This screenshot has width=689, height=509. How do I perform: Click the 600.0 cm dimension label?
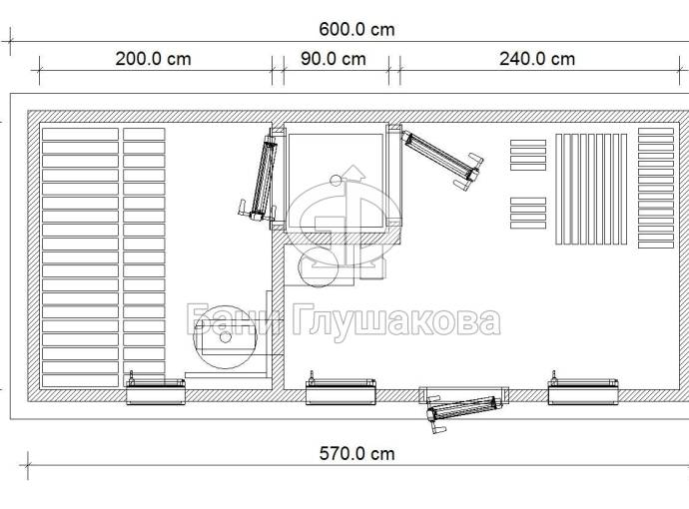356,29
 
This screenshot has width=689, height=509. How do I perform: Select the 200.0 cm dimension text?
154,59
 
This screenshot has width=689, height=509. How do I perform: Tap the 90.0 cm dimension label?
334,59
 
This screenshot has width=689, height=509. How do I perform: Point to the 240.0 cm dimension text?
537,59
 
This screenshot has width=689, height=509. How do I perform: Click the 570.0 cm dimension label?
356,454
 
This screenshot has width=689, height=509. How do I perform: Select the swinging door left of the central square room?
261,177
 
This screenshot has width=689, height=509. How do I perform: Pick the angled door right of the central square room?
440,158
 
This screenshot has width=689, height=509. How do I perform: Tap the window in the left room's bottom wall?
156,389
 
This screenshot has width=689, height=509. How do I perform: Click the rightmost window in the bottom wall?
583,389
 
